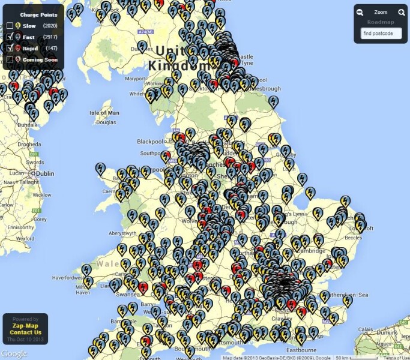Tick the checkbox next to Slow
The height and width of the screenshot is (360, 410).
(10, 26)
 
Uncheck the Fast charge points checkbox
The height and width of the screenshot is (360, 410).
(10, 37)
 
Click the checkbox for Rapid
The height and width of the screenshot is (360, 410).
(10, 48)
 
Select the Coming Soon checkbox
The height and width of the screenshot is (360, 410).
(10, 59)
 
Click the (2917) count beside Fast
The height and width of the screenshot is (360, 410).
(50, 37)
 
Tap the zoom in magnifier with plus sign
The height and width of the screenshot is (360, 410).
(401, 12)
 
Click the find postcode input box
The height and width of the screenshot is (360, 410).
(381, 34)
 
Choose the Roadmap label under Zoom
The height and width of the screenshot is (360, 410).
(381, 22)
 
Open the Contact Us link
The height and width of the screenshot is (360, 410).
(25, 332)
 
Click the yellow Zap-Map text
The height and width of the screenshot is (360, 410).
(25, 326)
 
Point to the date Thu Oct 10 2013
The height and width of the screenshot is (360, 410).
(25, 340)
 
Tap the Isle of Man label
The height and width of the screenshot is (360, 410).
(104, 113)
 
